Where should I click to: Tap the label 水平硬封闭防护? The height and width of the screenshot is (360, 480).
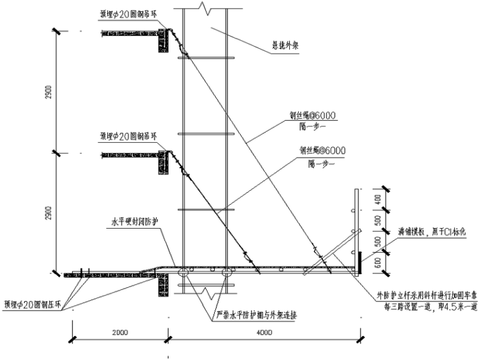click(x=135, y=222)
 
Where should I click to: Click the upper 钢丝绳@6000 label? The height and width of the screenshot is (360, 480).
click(x=313, y=115)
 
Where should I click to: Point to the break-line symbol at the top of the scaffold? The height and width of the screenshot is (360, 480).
click(x=203, y=8)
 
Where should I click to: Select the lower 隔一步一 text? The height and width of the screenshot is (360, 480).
click(x=322, y=162)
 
